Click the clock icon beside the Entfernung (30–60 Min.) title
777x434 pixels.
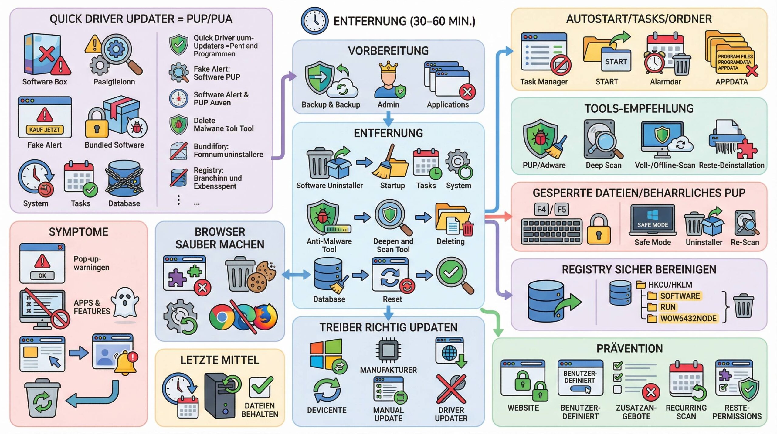pyautogui.click(x=314, y=20)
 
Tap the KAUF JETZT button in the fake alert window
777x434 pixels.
pyautogui.click(x=45, y=130)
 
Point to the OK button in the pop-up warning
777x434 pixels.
pyautogui.click(x=42, y=275)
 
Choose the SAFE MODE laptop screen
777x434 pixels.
pyautogui.click(x=653, y=218)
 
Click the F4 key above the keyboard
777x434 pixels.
pyautogui.click(x=541, y=209)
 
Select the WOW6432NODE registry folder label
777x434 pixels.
pyautogui.click(x=688, y=319)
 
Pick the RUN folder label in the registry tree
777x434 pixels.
pyautogui.click(x=668, y=307)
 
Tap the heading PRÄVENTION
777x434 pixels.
pyautogui.click(x=629, y=349)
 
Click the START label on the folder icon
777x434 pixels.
pyautogui.click(x=616, y=62)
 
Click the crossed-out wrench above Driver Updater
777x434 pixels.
pyautogui.click(x=451, y=389)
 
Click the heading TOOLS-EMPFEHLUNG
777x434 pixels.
pyautogui.click(x=639, y=109)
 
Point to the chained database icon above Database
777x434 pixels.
pyautogui.click(x=124, y=179)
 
